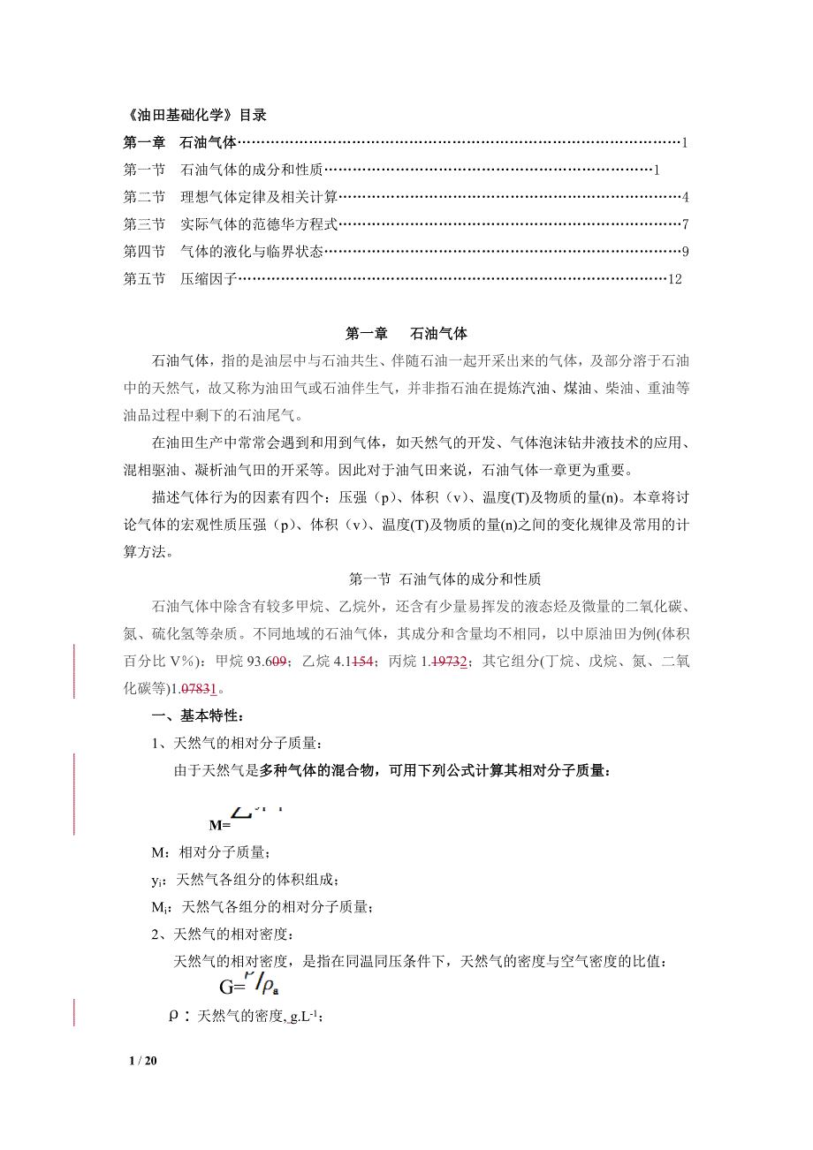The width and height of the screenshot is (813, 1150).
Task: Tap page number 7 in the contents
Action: tap(685, 224)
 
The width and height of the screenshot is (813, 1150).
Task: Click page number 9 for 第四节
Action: tap(685, 252)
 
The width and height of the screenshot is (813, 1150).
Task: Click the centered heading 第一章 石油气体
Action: tap(406, 334)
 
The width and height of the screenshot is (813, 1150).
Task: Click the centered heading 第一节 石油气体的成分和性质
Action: tap(438, 579)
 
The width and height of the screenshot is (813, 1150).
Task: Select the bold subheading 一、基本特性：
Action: tap(183, 715)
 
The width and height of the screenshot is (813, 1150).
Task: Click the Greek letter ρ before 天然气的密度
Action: tap(174, 1016)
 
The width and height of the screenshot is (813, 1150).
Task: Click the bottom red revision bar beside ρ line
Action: tap(74, 1012)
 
